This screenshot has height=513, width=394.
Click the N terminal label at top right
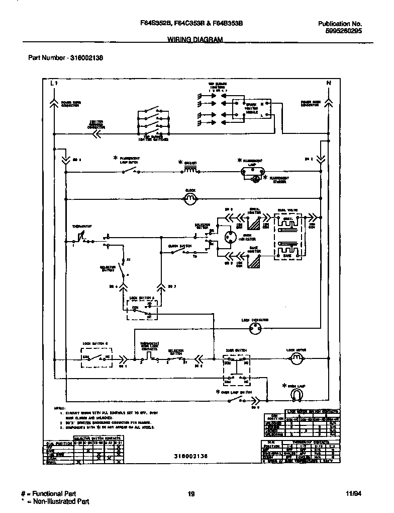(329, 83)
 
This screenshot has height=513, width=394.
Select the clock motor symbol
(190, 199)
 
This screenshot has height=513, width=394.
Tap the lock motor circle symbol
(297, 358)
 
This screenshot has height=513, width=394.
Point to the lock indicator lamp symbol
(255, 329)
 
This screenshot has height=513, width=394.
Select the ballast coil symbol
(189, 171)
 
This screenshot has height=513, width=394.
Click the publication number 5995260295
(340, 31)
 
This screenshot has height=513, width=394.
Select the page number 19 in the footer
(191, 494)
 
